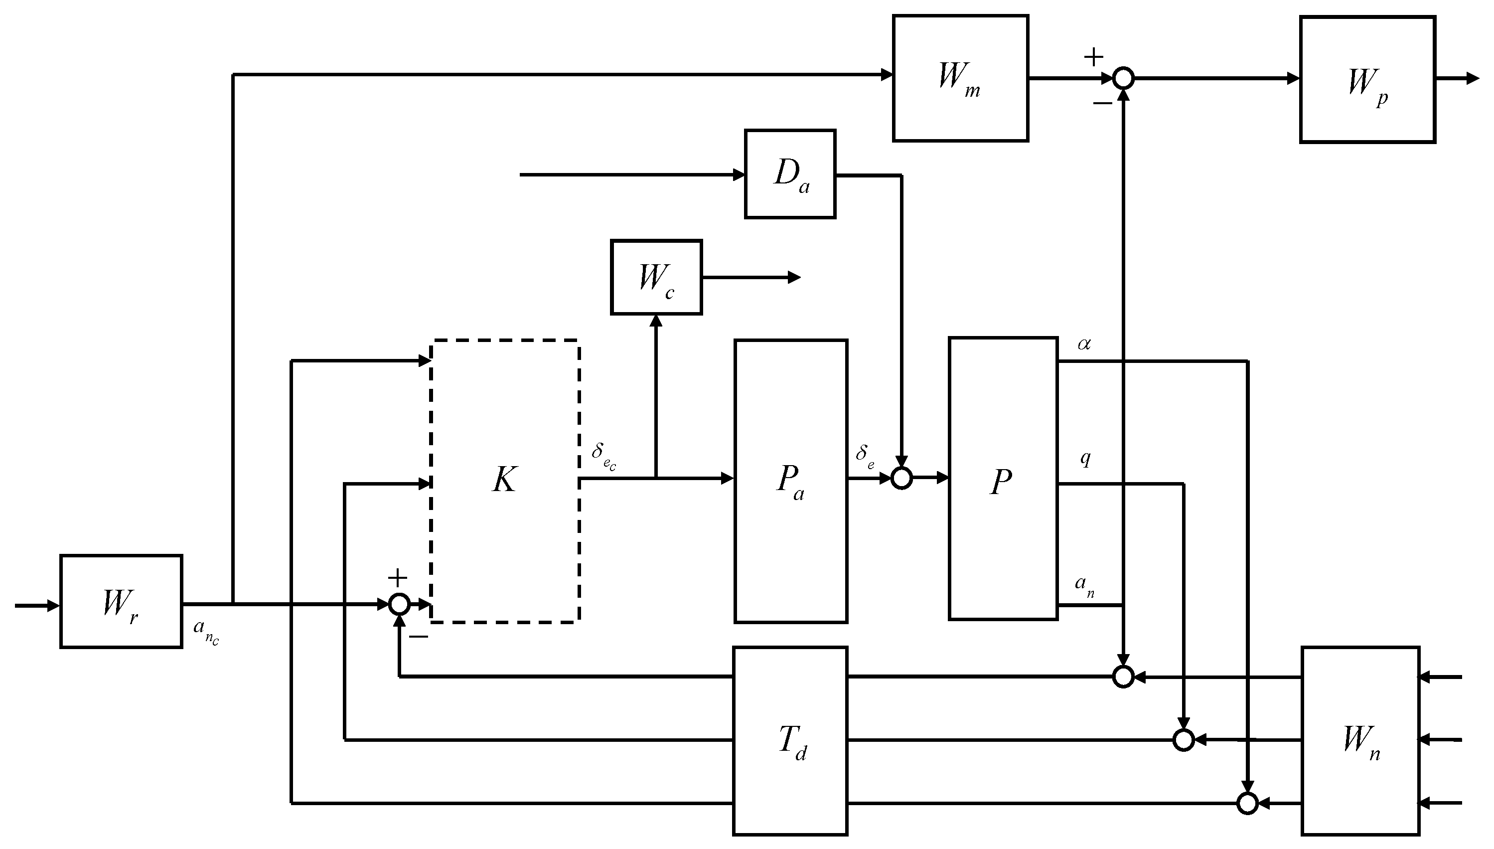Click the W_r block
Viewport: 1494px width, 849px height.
pos(121,601)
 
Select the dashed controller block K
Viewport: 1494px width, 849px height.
pos(505,481)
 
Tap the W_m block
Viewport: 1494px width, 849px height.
pos(960,78)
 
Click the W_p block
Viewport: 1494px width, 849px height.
pos(1367,79)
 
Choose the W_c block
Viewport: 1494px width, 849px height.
pos(656,277)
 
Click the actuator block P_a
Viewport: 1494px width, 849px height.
pos(790,481)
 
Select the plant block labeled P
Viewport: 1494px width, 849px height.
pos(1003,479)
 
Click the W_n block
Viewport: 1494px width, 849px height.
pos(1360,740)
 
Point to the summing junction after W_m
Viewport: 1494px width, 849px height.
pos(1123,78)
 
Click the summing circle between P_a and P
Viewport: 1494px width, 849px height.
pos(901,479)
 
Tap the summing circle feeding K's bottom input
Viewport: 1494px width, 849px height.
pos(399,604)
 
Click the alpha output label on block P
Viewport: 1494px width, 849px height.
pos(1084,344)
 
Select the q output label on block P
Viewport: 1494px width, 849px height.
pos(1085,459)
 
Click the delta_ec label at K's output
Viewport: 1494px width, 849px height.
pos(603,454)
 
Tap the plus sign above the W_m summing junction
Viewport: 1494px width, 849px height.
pos(1093,56)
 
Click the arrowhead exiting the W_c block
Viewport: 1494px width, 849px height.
pos(794,278)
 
